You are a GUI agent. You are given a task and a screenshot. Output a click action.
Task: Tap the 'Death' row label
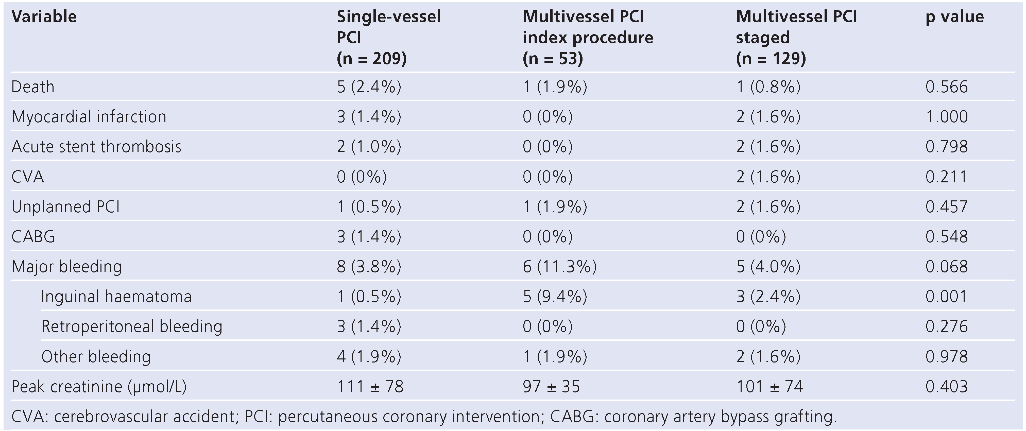(33, 87)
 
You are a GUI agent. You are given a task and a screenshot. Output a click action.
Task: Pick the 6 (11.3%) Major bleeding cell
(560, 266)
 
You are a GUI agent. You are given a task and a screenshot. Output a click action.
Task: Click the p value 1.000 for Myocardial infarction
(946, 117)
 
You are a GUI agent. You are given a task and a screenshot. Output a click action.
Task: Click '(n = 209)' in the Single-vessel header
(372, 59)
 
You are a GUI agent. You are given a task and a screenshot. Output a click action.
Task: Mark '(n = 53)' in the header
(553, 59)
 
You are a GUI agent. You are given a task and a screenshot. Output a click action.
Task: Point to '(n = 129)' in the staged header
(771, 59)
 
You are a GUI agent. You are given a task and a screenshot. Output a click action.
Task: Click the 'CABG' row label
(33, 237)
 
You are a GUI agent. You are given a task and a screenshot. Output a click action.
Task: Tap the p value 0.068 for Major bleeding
(946, 266)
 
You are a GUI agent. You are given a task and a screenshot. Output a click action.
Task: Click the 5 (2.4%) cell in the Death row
(369, 87)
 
